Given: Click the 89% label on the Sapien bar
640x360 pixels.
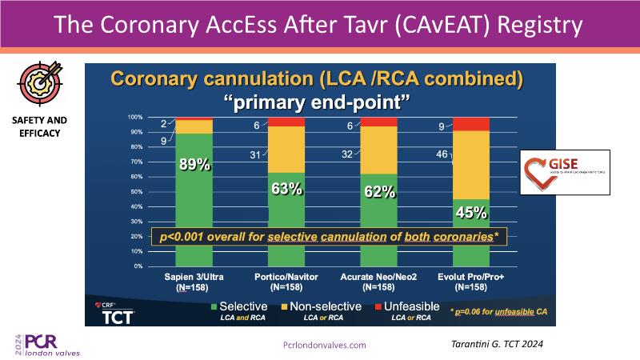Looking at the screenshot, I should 194,165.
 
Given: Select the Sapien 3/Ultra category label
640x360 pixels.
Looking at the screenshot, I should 193,276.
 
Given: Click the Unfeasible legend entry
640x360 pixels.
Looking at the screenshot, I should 408,306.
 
